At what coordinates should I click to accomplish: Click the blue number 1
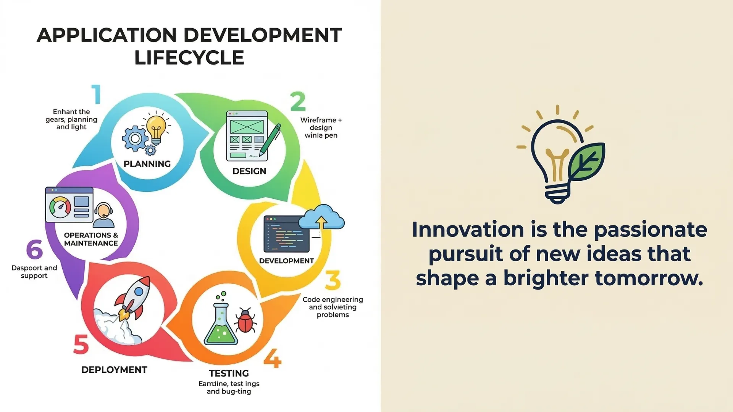pyautogui.click(x=96, y=94)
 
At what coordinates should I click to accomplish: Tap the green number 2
pyautogui.click(x=298, y=101)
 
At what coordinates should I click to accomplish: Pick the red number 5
pyautogui.click(x=81, y=344)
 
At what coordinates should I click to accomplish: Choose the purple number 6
pyautogui.click(x=34, y=249)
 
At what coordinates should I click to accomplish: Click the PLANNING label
pyautogui.click(x=147, y=164)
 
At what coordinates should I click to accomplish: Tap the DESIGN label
pyautogui.click(x=249, y=171)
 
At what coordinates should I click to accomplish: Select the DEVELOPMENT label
pyautogui.click(x=286, y=261)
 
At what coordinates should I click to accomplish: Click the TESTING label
pyautogui.click(x=229, y=373)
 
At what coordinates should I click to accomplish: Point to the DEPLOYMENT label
pyautogui.click(x=114, y=370)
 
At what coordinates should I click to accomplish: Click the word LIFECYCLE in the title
pyautogui.click(x=189, y=58)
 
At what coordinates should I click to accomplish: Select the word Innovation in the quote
pyautogui.click(x=468, y=230)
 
